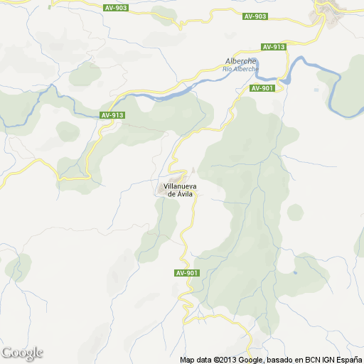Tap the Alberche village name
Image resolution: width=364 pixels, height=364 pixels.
click(x=240, y=61)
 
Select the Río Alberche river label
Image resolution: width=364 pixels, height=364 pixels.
click(x=239, y=69)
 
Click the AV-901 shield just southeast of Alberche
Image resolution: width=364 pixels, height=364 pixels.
click(x=262, y=88)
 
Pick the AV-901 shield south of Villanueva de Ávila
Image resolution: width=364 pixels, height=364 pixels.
click(x=186, y=273)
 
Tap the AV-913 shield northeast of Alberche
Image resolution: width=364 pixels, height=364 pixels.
click(x=273, y=47)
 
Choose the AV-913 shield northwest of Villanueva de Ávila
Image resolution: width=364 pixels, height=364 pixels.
click(x=112, y=115)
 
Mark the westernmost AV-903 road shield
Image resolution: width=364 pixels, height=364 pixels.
click(x=116, y=8)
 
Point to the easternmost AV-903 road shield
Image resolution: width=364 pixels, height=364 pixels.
click(x=255, y=16)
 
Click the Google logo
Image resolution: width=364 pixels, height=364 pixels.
click(x=23, y=353)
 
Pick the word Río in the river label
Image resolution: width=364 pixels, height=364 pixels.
click(x=228, y=69)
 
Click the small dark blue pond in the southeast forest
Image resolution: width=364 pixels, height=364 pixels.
click(x=295, y=272)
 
